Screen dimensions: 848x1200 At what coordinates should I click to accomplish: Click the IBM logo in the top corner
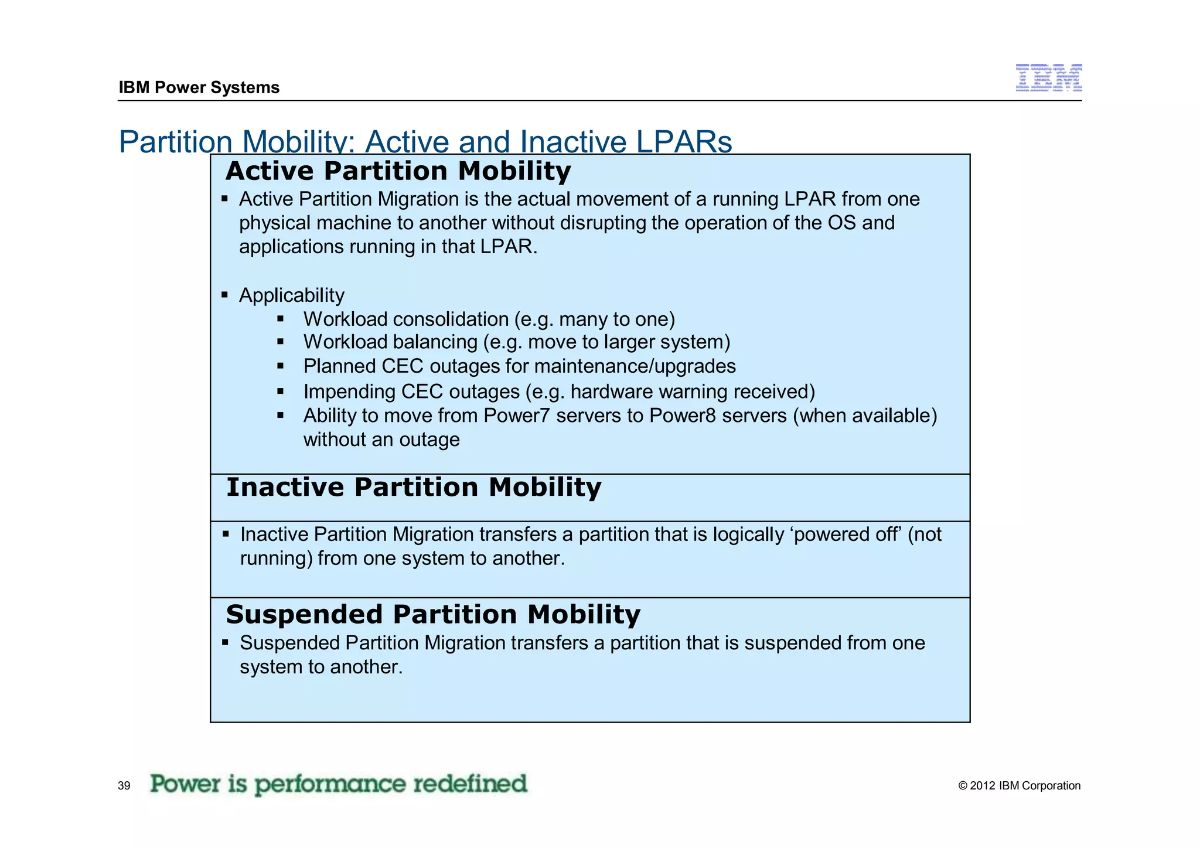[x=1048, y=78]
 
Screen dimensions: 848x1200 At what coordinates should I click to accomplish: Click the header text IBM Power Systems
[x=199, y=87]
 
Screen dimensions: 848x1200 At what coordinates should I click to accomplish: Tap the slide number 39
[x=124, y=786]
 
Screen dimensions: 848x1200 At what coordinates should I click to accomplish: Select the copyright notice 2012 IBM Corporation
[x=1020, y=786]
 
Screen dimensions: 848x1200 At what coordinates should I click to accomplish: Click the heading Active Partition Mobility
[x=398, y=171]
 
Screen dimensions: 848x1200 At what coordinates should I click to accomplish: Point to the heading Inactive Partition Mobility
[x=414, y=488]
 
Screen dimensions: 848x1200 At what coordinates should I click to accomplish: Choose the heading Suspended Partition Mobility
[x=433, y=615]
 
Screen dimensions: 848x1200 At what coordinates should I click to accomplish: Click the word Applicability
[x=291, y=295]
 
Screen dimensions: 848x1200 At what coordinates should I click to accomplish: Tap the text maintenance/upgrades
[x=635, y=366]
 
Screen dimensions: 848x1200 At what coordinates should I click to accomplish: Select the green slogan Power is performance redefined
[x=339, y=784]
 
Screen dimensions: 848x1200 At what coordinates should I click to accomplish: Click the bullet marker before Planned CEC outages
[x=281, y=366]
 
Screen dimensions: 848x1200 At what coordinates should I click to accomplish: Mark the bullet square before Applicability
[x=224, y=295]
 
